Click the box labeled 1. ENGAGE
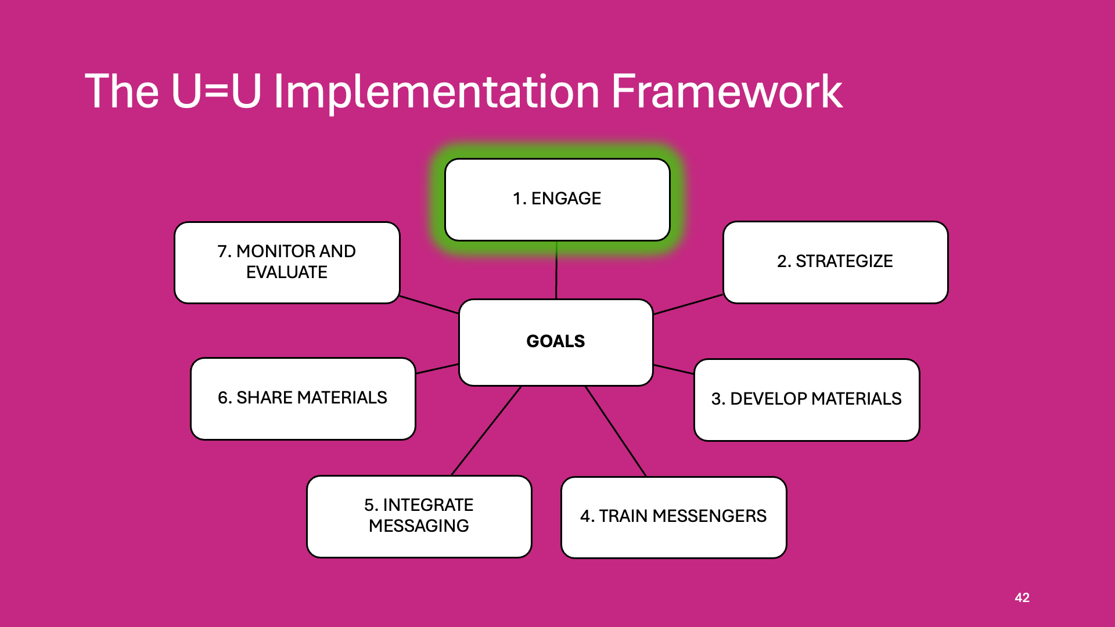557,199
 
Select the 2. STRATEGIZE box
835,262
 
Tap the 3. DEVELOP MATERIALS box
807,399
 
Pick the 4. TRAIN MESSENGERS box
674,517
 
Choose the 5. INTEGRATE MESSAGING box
419,516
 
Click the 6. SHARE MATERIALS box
303,398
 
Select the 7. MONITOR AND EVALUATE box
287,262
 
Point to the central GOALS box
556,342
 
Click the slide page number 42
1022,597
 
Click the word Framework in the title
726,91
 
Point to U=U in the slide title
216,91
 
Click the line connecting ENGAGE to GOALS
556,271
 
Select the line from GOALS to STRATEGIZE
688,304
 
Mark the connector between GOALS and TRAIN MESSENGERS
616,431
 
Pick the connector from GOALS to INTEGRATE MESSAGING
487,430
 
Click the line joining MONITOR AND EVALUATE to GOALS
429,305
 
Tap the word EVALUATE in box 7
287,272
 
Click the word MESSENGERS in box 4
709,516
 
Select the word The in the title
122,91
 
